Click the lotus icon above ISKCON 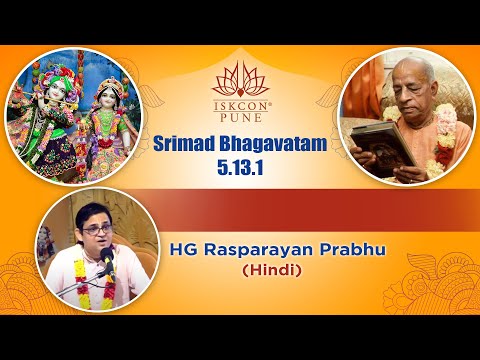point(239,72)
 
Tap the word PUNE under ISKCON point(239,112)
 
